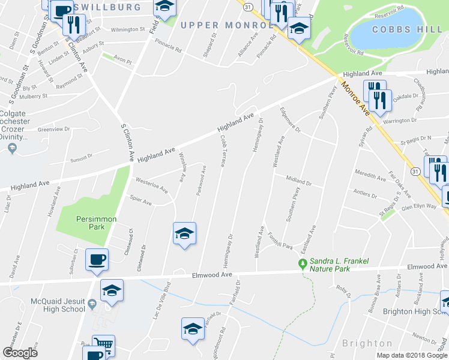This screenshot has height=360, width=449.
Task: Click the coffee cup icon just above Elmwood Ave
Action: pyautogui.click(x=97, y=260)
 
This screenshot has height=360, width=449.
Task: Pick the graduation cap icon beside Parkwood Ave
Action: pyautogui.click(x=184, y=233)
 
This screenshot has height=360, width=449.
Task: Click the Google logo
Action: pyautogui.click(x=20, y=353)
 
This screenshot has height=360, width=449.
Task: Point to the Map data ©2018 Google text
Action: pyautogui.click(x=412, y=355)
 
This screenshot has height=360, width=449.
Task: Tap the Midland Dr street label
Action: pyautogui.click(x=298, y=181)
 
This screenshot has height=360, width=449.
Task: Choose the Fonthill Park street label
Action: pyautogui.click(x=280, y=241)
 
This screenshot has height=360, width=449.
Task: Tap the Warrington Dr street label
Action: pyautogui.click(x=400, y=121)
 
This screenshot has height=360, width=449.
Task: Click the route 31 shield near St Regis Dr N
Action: pyautogui.click(x=415, y=171)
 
